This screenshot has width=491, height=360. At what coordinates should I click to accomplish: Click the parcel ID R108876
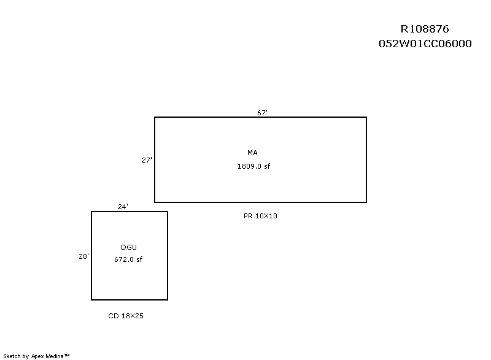coord(425,29)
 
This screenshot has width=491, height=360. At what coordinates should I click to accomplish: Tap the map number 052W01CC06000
coord(425,44)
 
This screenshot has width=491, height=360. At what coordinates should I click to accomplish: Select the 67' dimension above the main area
coord(263,113)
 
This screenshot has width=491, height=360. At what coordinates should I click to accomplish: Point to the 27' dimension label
coord(147,160)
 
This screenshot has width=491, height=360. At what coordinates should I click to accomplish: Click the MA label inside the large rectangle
coord(252,153)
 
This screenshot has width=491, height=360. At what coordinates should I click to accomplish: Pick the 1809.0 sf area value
coord(253,166)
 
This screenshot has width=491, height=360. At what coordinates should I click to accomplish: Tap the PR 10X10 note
coord(260,216)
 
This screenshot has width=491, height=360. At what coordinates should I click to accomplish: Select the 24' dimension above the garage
coord(123,207)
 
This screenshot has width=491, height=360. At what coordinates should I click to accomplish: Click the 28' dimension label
coord(83,256)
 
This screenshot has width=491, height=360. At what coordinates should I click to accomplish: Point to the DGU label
coord(129,247)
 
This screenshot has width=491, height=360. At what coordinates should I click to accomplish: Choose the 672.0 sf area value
coord(128,259)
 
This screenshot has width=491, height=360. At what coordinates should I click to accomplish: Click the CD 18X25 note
coord(126,316)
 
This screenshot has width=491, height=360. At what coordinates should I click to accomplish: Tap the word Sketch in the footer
coord(12,356)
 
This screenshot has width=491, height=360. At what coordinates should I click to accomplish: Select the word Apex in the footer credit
coord(37,356)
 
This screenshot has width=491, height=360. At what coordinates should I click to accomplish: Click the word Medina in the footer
coord(55,356)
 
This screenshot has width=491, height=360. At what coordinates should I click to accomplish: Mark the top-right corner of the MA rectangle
coord(366,117)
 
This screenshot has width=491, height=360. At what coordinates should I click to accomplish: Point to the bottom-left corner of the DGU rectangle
coord(91,300)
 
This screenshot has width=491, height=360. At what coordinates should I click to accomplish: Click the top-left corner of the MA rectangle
coord(155,117)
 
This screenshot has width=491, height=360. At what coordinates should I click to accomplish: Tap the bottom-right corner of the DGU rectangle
coord(168,300)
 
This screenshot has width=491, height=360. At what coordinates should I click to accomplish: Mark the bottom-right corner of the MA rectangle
coord(366,202)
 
